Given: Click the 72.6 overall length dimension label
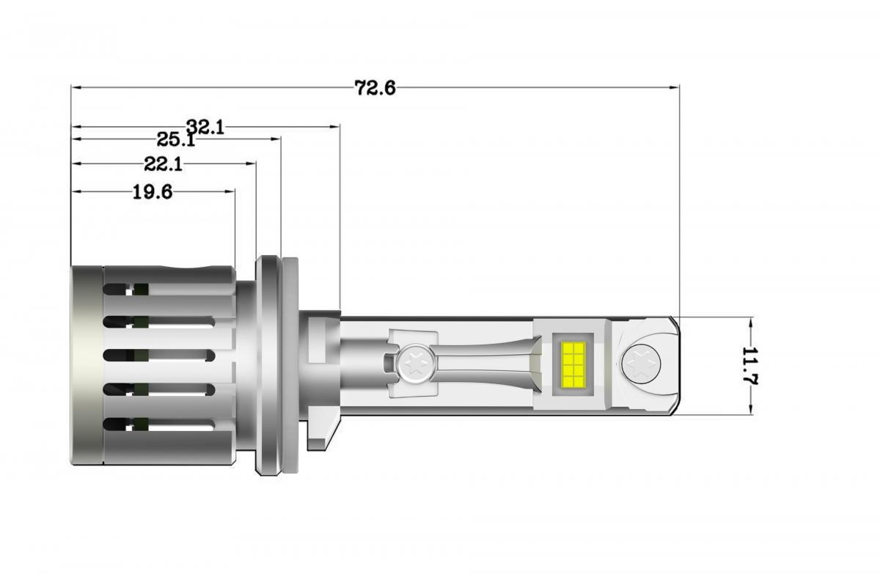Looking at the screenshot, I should (375, 88).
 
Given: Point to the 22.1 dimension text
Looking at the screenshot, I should (163, 164).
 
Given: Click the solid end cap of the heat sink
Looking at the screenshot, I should (87, 365).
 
